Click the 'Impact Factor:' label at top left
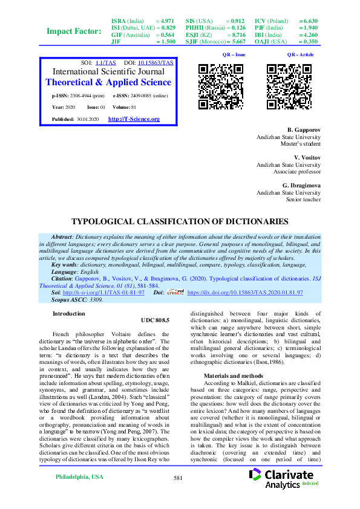point(74,31)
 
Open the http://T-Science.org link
point(134,119)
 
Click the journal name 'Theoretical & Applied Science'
point(108,82)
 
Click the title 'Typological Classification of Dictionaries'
point(180,222)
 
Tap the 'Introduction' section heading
point(69,314)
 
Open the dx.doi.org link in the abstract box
point(245,292)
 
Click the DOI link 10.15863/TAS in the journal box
point(155,63)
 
